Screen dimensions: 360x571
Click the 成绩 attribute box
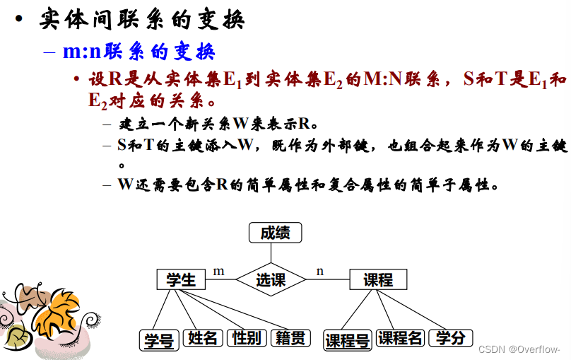coord(275,233)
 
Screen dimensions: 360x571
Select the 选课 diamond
coord(271,280)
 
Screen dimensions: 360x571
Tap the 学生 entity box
coord(181,279)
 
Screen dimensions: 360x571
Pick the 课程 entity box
coord(378,279)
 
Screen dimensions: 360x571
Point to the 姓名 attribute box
coord(204,338)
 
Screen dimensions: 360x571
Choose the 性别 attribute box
coord(247,338)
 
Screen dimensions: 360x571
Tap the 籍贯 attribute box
coord(290,338)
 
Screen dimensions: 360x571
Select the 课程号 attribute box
coord(347,341)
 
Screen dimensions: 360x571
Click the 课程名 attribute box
coord(400,338)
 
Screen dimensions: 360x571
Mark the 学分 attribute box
coord(451,338)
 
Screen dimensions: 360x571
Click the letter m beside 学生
coord(218,271)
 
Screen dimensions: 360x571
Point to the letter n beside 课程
coord(320,271)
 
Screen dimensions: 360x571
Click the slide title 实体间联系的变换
coord(141,20)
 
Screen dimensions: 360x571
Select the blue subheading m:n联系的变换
coord(139,52)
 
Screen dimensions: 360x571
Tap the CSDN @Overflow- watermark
coord(519,350)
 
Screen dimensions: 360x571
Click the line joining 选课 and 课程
coord(328,280)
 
